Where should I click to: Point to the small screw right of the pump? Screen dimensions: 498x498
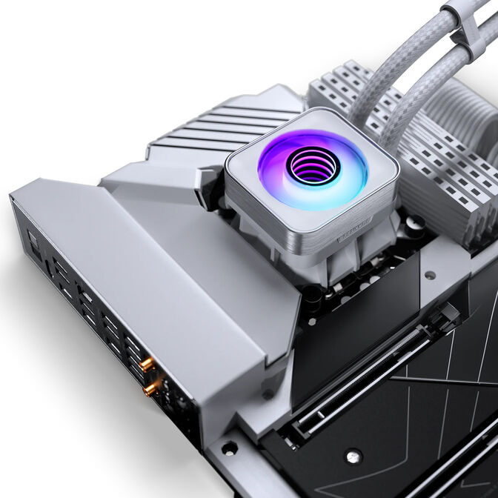point(429,275)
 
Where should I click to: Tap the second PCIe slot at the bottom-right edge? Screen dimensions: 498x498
point(459,459)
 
